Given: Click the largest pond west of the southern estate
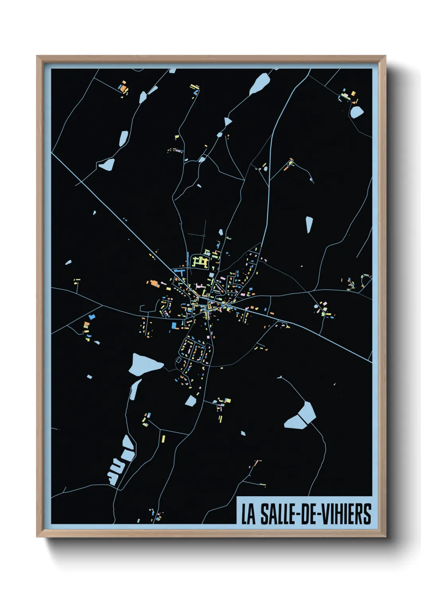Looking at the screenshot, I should [145, 363].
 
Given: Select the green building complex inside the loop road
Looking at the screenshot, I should [201, 261].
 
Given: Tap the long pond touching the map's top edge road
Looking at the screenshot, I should [260, 84].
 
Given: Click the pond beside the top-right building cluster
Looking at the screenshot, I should [357, 112].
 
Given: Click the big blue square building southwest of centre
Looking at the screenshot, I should [174, 326].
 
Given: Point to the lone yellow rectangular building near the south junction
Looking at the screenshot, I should [163, 439].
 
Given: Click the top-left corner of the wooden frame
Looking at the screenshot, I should [37, 57].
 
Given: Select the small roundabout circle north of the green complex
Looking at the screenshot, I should [204, 236].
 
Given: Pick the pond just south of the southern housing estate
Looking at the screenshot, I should [191, 400].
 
